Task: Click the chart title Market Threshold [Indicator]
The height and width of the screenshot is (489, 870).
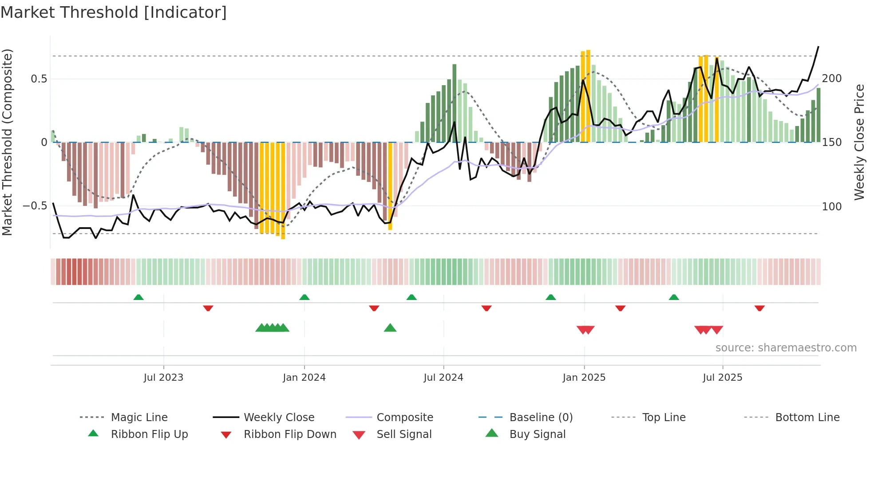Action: (114, 12)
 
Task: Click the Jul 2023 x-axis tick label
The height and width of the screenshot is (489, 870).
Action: (163, 378)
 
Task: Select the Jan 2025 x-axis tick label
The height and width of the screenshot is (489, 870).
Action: (584, 378)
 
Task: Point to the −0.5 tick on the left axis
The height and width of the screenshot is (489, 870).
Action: (35, 206)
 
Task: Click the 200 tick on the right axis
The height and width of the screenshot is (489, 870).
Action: (831, 79)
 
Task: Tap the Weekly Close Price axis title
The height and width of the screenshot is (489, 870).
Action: (859, 142)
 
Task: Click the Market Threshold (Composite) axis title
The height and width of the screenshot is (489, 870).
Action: (7, 142)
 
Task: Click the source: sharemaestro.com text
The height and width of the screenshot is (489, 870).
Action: (786, 348)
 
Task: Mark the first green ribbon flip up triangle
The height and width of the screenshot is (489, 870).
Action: (138, 297)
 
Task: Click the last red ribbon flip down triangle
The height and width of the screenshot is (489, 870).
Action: (759, 308)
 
